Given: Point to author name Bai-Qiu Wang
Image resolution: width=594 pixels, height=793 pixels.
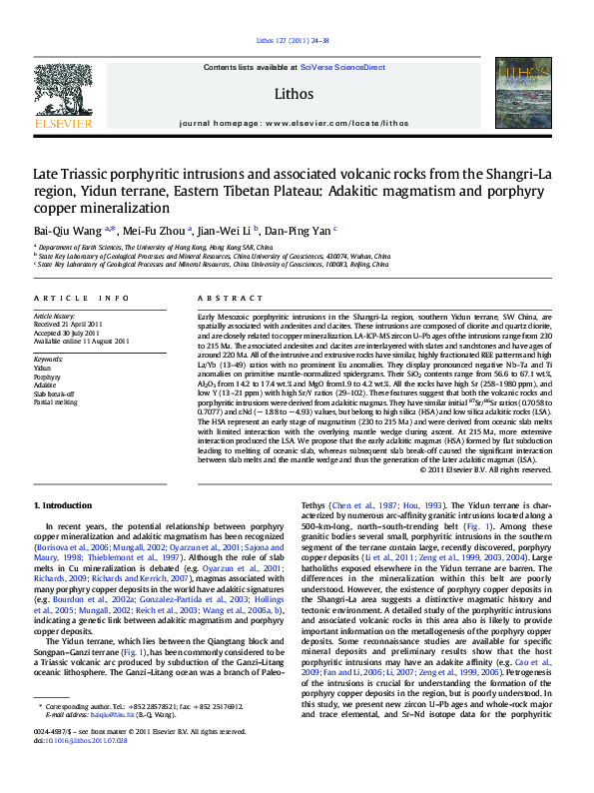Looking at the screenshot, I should pos(68,228).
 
